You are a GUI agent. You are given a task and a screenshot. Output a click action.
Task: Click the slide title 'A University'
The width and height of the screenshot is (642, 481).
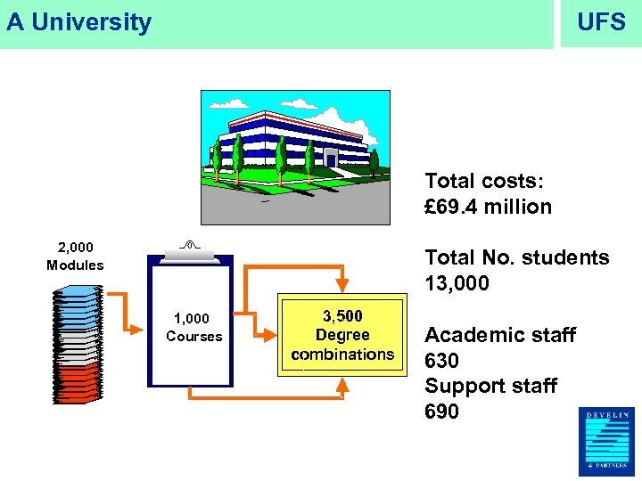[x=79, y=22]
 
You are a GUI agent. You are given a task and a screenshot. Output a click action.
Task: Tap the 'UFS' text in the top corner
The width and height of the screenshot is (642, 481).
[x=601, y=22]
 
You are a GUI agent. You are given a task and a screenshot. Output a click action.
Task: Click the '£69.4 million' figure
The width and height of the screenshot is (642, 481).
[x=488, y=207]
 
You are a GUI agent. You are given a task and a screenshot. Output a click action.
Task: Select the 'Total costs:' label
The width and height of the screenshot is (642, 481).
[x=483, y=181]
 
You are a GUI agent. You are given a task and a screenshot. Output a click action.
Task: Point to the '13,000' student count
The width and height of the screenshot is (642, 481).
[x=457, y=283]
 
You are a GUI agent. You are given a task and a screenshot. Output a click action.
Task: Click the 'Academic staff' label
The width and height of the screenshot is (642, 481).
[x=500, y=335]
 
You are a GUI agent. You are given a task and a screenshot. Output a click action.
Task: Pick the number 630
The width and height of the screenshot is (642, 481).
[x=441, y=361]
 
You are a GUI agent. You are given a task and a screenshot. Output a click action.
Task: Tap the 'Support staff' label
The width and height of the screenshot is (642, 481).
[x=490, y=386]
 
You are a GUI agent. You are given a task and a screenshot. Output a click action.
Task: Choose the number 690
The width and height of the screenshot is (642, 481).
[x=441, y=412]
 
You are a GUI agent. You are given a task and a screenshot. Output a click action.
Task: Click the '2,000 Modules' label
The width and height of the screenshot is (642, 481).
[x=75, y=256]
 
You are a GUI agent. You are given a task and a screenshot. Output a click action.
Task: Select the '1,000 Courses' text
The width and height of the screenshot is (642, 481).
[x=193, y=327]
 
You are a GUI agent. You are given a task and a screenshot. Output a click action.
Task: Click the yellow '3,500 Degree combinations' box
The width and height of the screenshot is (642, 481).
[x=342, y=335]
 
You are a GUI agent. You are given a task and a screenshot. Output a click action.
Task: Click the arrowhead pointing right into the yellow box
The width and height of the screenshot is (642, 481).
[x=268, y=334]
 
